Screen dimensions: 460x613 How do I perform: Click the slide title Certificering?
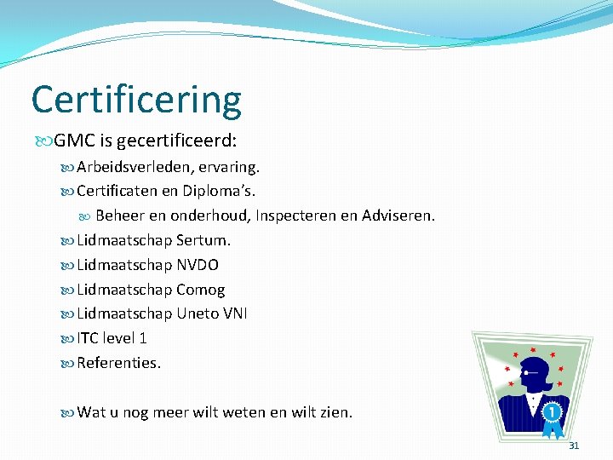coord(136,101)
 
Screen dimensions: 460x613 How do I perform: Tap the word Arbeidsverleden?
coord(133,166)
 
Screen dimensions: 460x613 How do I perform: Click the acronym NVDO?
coord(198,265)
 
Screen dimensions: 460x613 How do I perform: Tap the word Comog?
coord(200,290)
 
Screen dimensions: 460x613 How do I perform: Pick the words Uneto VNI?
coord(212,313)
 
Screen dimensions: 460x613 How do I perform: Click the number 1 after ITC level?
coord(142,338)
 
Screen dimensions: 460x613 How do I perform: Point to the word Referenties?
coord(118,363)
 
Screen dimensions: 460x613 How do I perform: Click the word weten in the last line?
coord(243,412)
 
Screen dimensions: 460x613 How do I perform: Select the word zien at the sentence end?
coord(335,412)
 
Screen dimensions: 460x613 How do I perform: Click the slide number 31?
coord(573,446)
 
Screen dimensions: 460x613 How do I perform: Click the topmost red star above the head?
coord(533,349)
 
